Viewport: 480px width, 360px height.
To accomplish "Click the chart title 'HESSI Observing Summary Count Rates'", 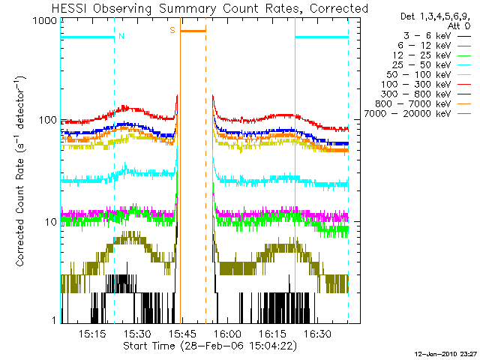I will click(x=201, y=9).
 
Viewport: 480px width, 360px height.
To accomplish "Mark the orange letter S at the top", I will click(x=172, y=30).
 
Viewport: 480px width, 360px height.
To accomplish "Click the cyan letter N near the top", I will click(x=121, y=35).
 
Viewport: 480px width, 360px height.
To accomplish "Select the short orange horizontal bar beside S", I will click(x=193, y=31).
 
